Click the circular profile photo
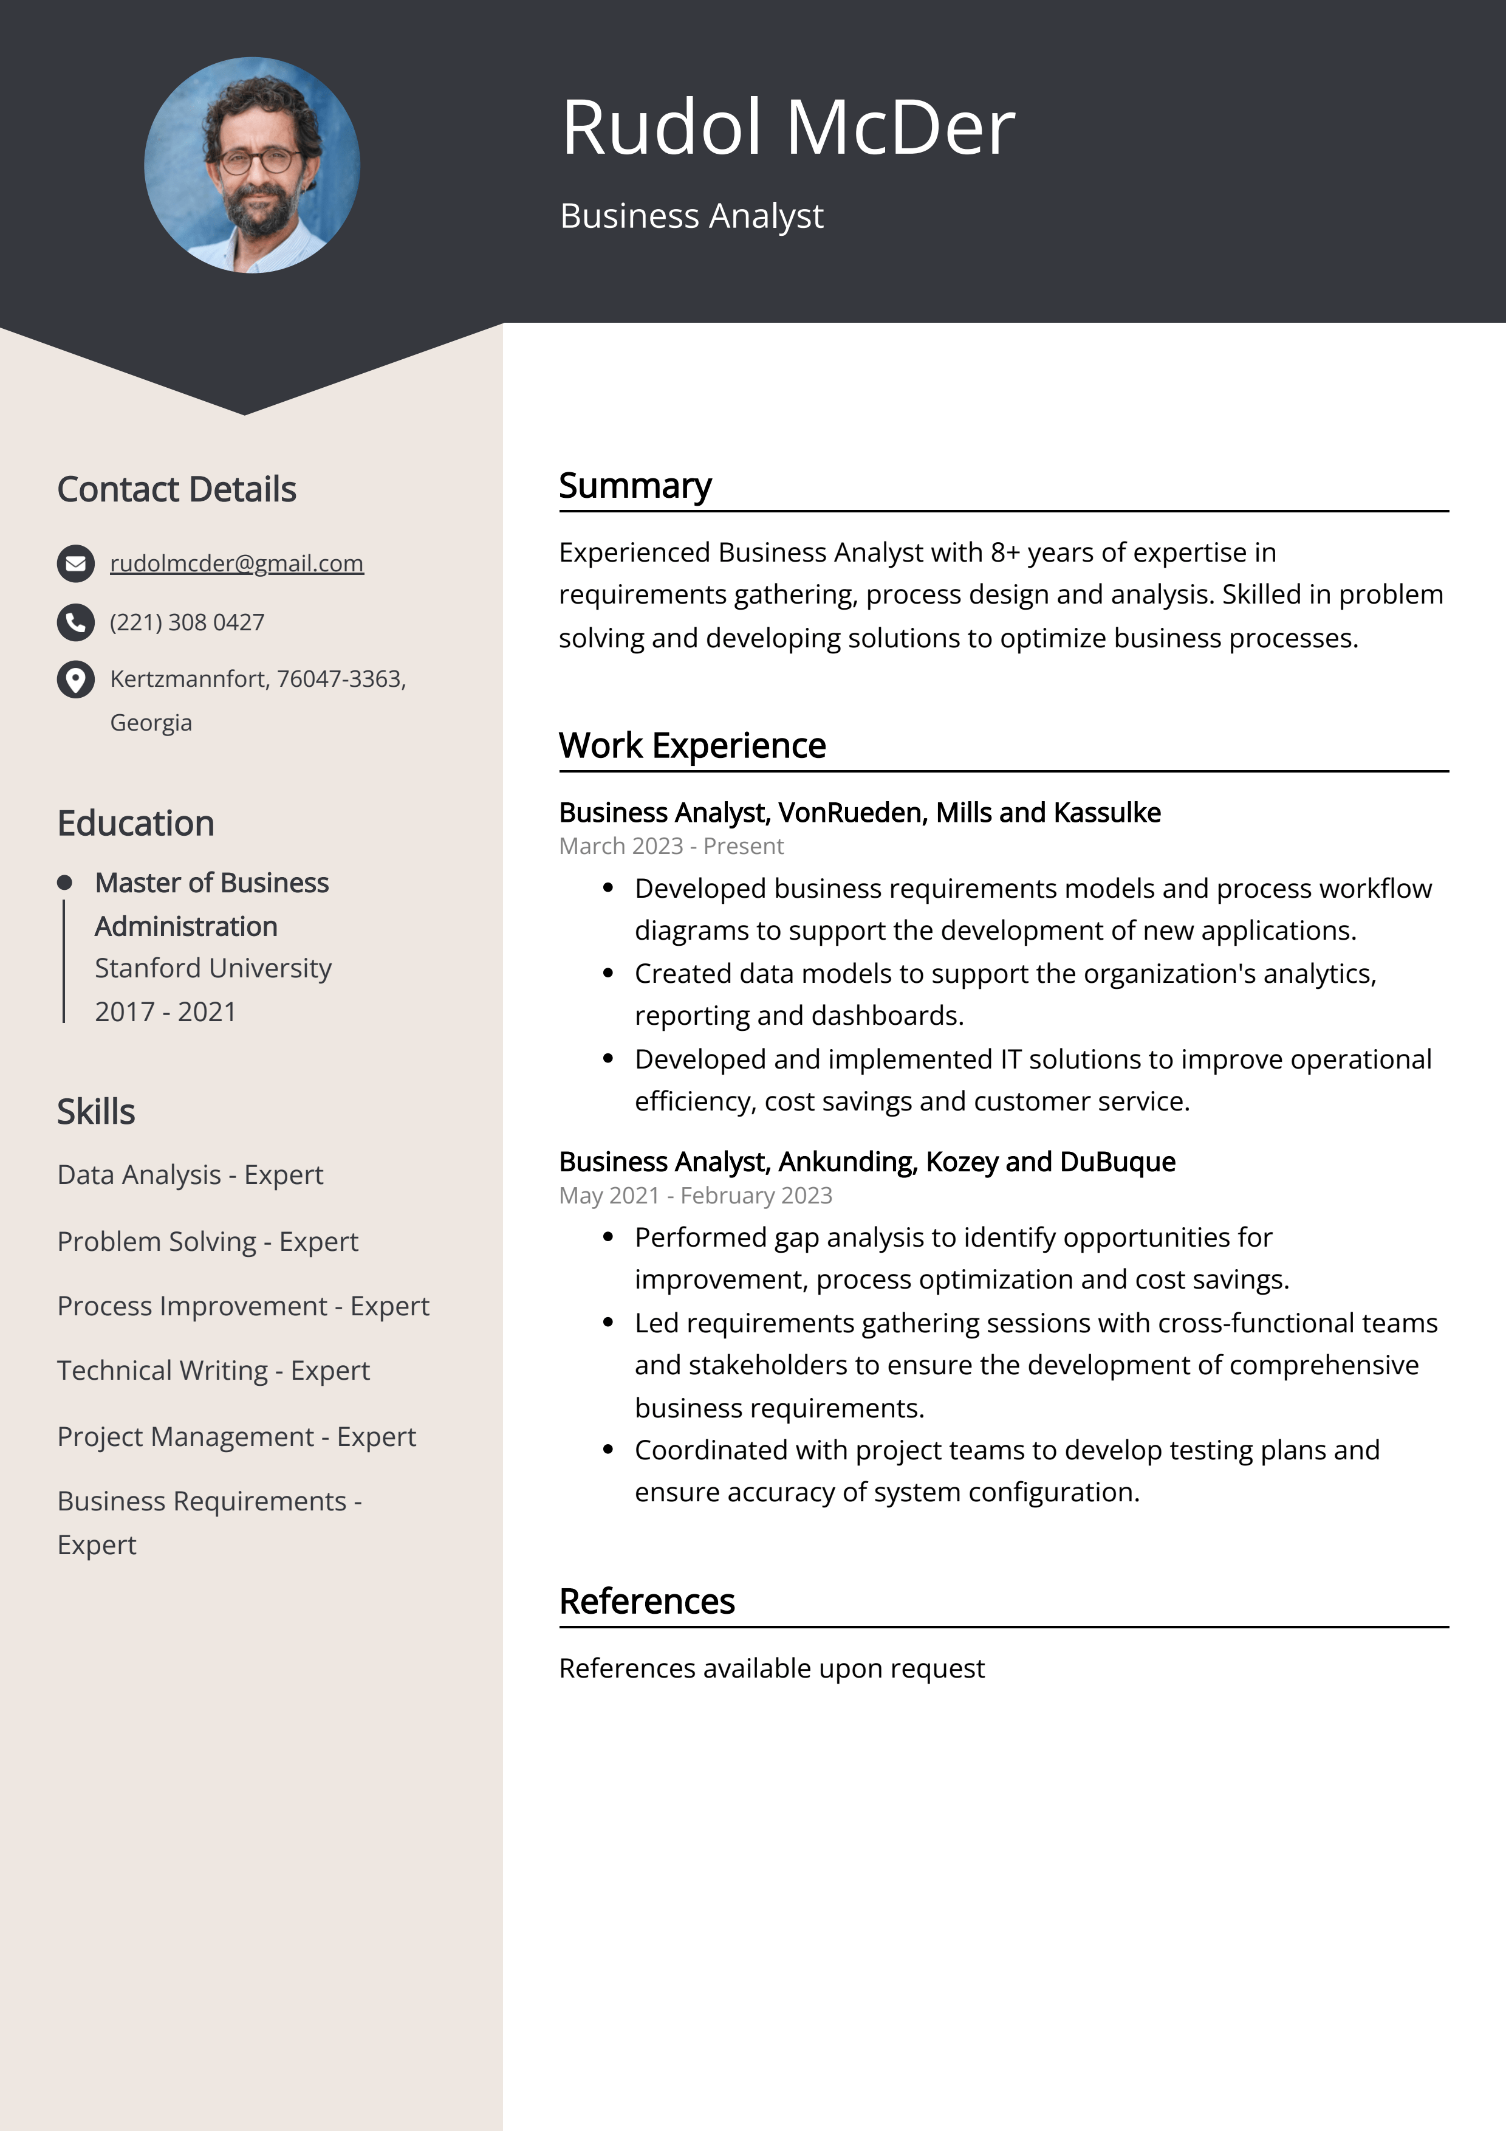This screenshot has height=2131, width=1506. [x=252, y=165]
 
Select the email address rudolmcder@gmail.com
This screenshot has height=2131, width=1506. [x=236, y=563]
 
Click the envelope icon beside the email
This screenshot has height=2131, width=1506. [x=76, y=563]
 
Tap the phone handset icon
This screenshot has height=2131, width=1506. [x=76, y=622]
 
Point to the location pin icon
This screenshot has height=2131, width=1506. [x=76, y=680]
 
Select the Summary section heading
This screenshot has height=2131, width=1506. [x=635, y=486]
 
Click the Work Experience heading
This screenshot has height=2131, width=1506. [x=691, y=745]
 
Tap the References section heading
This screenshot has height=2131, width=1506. [x=647, y=1601]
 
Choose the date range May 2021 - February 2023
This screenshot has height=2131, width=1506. [x=695, y=1196]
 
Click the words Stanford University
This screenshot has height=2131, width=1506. [x=213, y=968]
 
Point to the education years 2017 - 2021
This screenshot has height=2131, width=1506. [x=165, y=1011]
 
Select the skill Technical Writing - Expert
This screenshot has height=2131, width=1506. [x=213, y=1371]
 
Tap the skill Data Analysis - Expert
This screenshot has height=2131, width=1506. [x=190, y=1175]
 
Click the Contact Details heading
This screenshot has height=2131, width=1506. [x=176, y=489]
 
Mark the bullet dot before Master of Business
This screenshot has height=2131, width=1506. [x=64, y=882]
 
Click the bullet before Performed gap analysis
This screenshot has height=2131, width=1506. [x=609, y=1237]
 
